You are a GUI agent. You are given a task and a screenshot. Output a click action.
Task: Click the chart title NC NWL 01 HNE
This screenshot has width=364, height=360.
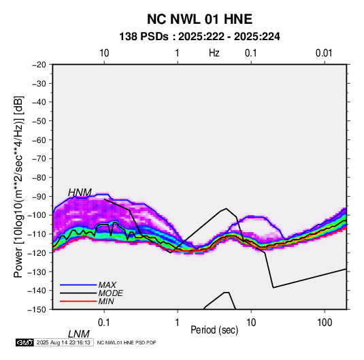199,19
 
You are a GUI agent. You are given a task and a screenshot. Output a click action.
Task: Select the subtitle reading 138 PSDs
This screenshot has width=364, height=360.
144,37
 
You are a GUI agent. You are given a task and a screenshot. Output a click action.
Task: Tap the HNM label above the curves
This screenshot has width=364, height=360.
80,193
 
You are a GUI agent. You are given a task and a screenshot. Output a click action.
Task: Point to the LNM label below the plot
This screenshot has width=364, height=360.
79,334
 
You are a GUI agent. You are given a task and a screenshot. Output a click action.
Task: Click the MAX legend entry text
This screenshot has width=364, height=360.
107,284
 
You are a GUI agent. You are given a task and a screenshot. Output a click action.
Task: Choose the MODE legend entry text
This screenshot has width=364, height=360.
110,293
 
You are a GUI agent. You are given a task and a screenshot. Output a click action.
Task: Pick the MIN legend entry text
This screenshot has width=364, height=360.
106,301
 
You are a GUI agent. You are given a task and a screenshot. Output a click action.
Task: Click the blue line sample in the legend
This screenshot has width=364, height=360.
78,285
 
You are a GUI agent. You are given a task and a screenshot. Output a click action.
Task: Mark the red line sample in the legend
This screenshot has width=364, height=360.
78,301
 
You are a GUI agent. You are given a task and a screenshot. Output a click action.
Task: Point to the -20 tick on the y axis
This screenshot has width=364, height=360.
39,65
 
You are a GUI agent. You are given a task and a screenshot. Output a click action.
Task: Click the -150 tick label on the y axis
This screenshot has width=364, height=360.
37,310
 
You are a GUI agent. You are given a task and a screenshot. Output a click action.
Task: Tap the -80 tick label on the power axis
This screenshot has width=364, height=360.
39,178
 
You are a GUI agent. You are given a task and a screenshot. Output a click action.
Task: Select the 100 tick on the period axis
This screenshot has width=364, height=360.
325,323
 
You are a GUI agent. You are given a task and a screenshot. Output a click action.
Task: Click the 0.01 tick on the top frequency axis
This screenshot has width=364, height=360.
324,53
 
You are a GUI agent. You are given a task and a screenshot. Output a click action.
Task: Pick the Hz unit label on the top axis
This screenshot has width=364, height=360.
214,53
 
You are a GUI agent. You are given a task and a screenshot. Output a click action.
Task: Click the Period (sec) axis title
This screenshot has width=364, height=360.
214,330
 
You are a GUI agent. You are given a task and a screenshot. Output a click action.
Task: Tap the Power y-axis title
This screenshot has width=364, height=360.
18,186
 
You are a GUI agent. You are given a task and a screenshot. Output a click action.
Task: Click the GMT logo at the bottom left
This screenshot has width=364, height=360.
25,342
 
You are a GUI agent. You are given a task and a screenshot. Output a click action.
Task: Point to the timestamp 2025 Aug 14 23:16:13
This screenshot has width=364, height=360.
63,342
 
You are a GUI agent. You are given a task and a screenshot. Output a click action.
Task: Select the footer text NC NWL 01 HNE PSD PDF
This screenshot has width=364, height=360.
127,342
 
